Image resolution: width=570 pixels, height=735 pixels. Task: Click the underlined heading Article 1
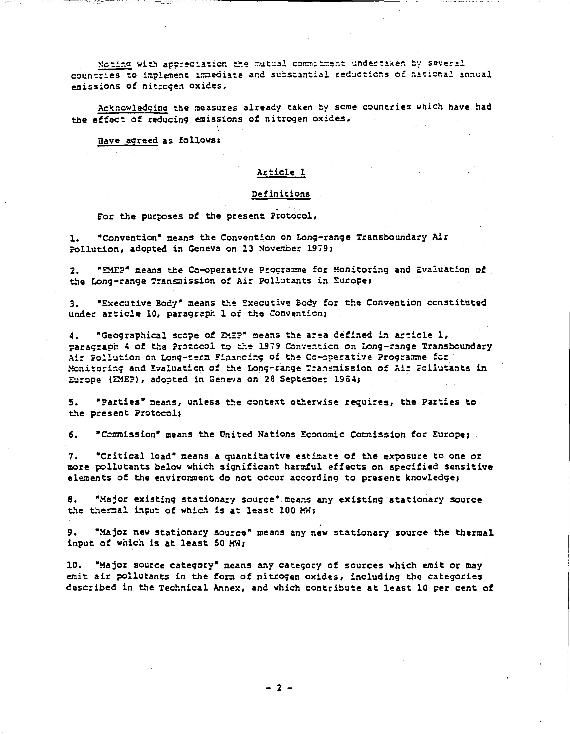(x=281, y=173)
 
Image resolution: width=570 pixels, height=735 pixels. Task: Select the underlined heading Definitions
(x=281, y=194)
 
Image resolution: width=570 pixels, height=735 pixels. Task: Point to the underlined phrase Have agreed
(x=128, y=140)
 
